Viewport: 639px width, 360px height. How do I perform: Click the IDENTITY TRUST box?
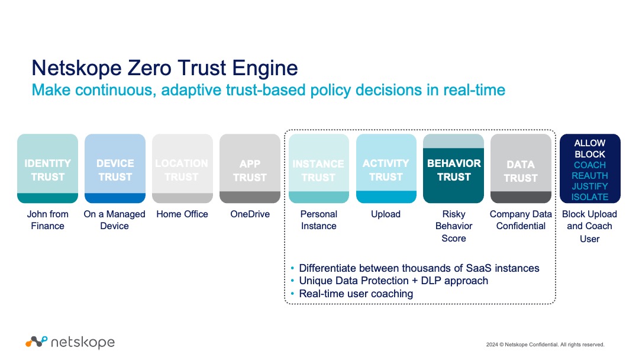click(x=47, y=169)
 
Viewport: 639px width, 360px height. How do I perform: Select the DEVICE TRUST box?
click(x=115, y=169)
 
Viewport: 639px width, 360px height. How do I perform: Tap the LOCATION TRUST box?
click(x=182, y=169)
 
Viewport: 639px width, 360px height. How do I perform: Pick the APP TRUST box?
click(x=250, y=169)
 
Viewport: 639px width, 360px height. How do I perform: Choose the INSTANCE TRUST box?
click(x=318, y=169)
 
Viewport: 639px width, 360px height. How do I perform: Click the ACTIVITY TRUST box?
click(x=386, y=169)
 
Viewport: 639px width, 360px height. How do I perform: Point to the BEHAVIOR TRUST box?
click(x=454, y=169)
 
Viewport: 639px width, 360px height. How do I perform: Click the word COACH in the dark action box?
click(x=590, y=165)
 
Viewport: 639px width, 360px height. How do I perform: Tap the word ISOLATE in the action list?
click(x=590, y=197)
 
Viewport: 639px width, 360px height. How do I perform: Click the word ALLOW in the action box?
click(x=590, y=143)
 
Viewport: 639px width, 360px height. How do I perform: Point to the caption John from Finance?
click(x=47, y=220)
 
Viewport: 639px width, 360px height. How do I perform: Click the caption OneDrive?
click(x=250, y=214)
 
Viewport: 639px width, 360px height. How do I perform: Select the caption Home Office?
click(x=182, y=214)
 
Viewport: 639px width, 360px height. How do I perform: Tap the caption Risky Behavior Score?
click(x=454, y=226)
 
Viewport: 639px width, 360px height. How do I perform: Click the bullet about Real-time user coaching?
click(x=356, y=294)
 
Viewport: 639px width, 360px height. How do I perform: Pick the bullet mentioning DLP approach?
click(x=393, y=281)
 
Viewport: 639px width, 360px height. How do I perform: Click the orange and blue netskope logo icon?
click(x=36, y=342)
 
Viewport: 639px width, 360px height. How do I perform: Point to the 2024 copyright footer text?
click(x=545, y=345)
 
